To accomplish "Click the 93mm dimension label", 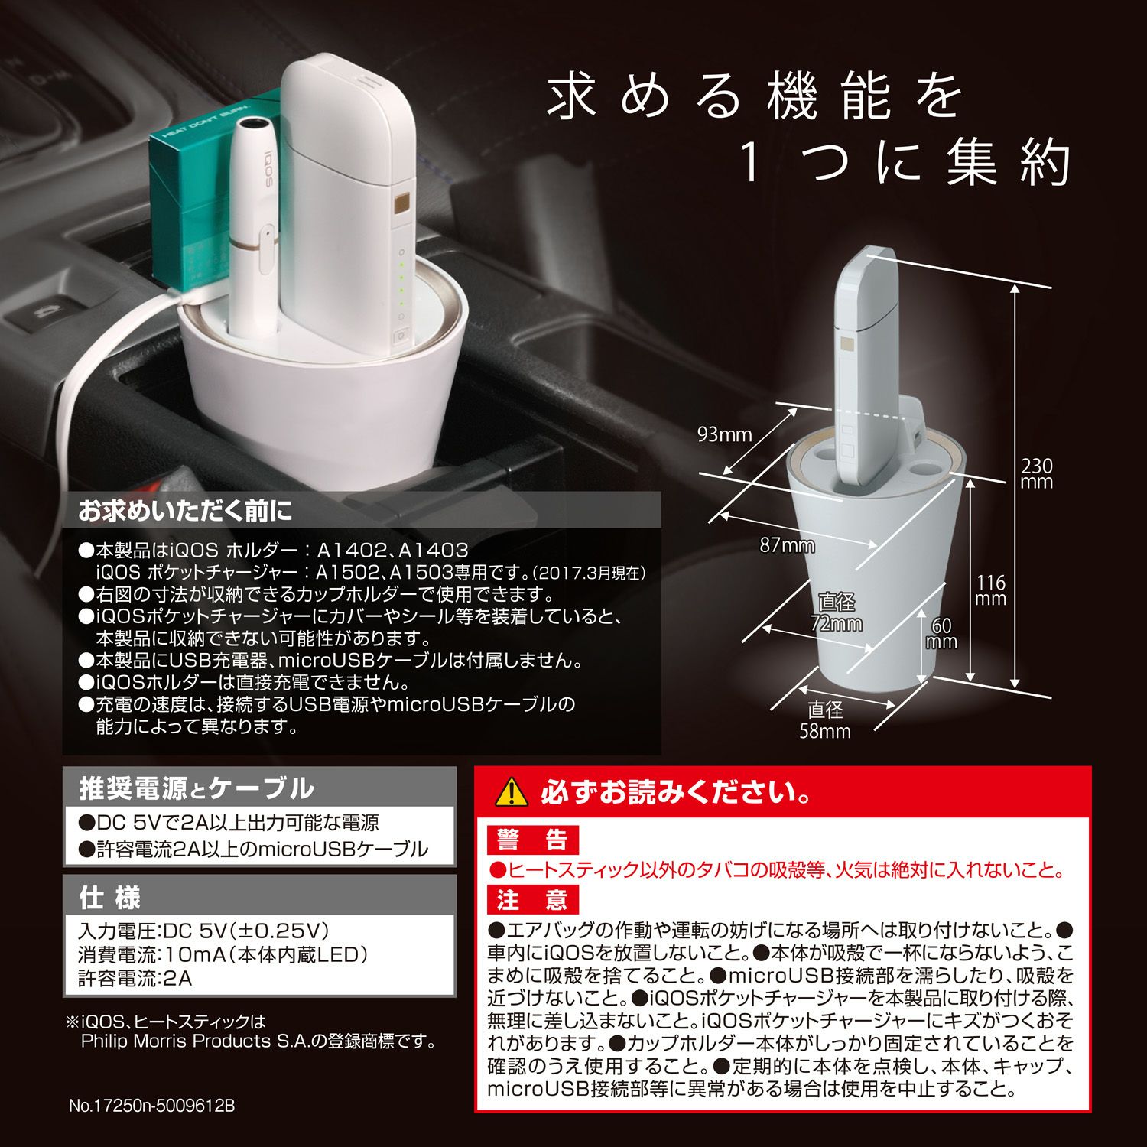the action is (x=724, y=435).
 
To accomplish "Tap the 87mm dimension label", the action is (x=787, y=545).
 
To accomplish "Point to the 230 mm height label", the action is (x=1036, y=473).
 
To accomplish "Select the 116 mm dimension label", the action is (x=991, y=590).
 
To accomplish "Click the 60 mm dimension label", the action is (x=941, y=634).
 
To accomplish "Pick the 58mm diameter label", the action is (x=825, y=720).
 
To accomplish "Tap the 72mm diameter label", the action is (x=837, y=612).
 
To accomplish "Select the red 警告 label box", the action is (x=533, y=840).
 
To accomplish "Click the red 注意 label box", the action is (x=533, y=899).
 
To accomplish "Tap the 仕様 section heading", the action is (x=110, y=898).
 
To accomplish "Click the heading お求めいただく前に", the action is (x=185, y=511).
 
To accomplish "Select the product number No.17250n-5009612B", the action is (x=151, y=1106).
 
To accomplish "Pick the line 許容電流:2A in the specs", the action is (x=135, y=978).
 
